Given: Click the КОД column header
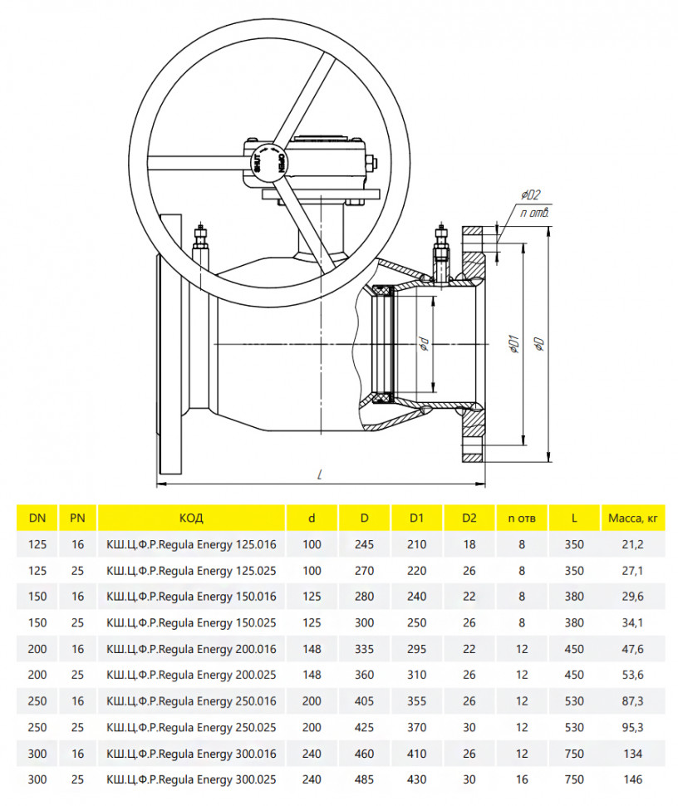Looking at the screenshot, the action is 191,518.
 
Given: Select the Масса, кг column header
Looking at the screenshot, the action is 633,518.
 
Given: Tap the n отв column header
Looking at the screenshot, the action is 522,518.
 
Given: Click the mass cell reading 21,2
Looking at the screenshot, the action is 633,544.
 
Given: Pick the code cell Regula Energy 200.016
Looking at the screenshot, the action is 191,649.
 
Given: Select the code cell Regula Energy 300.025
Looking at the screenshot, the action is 191,779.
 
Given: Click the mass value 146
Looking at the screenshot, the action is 633,779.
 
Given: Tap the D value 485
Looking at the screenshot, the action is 364,779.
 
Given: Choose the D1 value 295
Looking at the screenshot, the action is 416,649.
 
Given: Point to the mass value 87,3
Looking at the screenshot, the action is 633,701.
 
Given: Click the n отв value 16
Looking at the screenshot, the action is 522,779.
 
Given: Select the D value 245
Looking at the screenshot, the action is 364,544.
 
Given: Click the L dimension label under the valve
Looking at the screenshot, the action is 320,474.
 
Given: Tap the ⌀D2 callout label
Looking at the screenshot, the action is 530,194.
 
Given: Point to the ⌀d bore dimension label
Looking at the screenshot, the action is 424,344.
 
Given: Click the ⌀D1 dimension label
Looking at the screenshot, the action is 513,344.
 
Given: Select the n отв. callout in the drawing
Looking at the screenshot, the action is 534,212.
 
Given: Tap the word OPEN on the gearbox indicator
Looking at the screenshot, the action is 280,162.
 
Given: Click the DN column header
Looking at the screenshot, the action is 37,518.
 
